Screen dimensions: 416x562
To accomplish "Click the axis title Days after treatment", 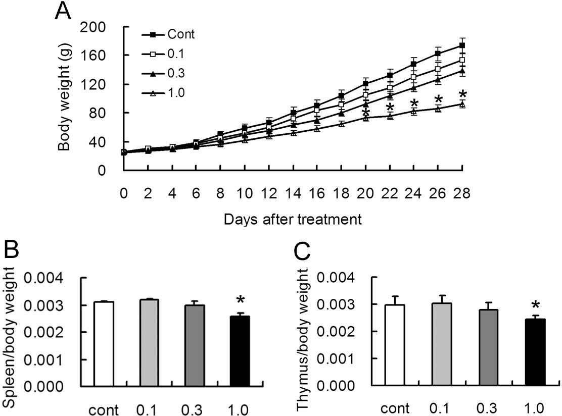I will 293,220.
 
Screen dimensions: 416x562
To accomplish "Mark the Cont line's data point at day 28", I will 462,45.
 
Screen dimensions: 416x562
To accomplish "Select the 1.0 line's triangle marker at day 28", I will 462,105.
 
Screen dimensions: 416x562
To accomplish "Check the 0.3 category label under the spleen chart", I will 194,409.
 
